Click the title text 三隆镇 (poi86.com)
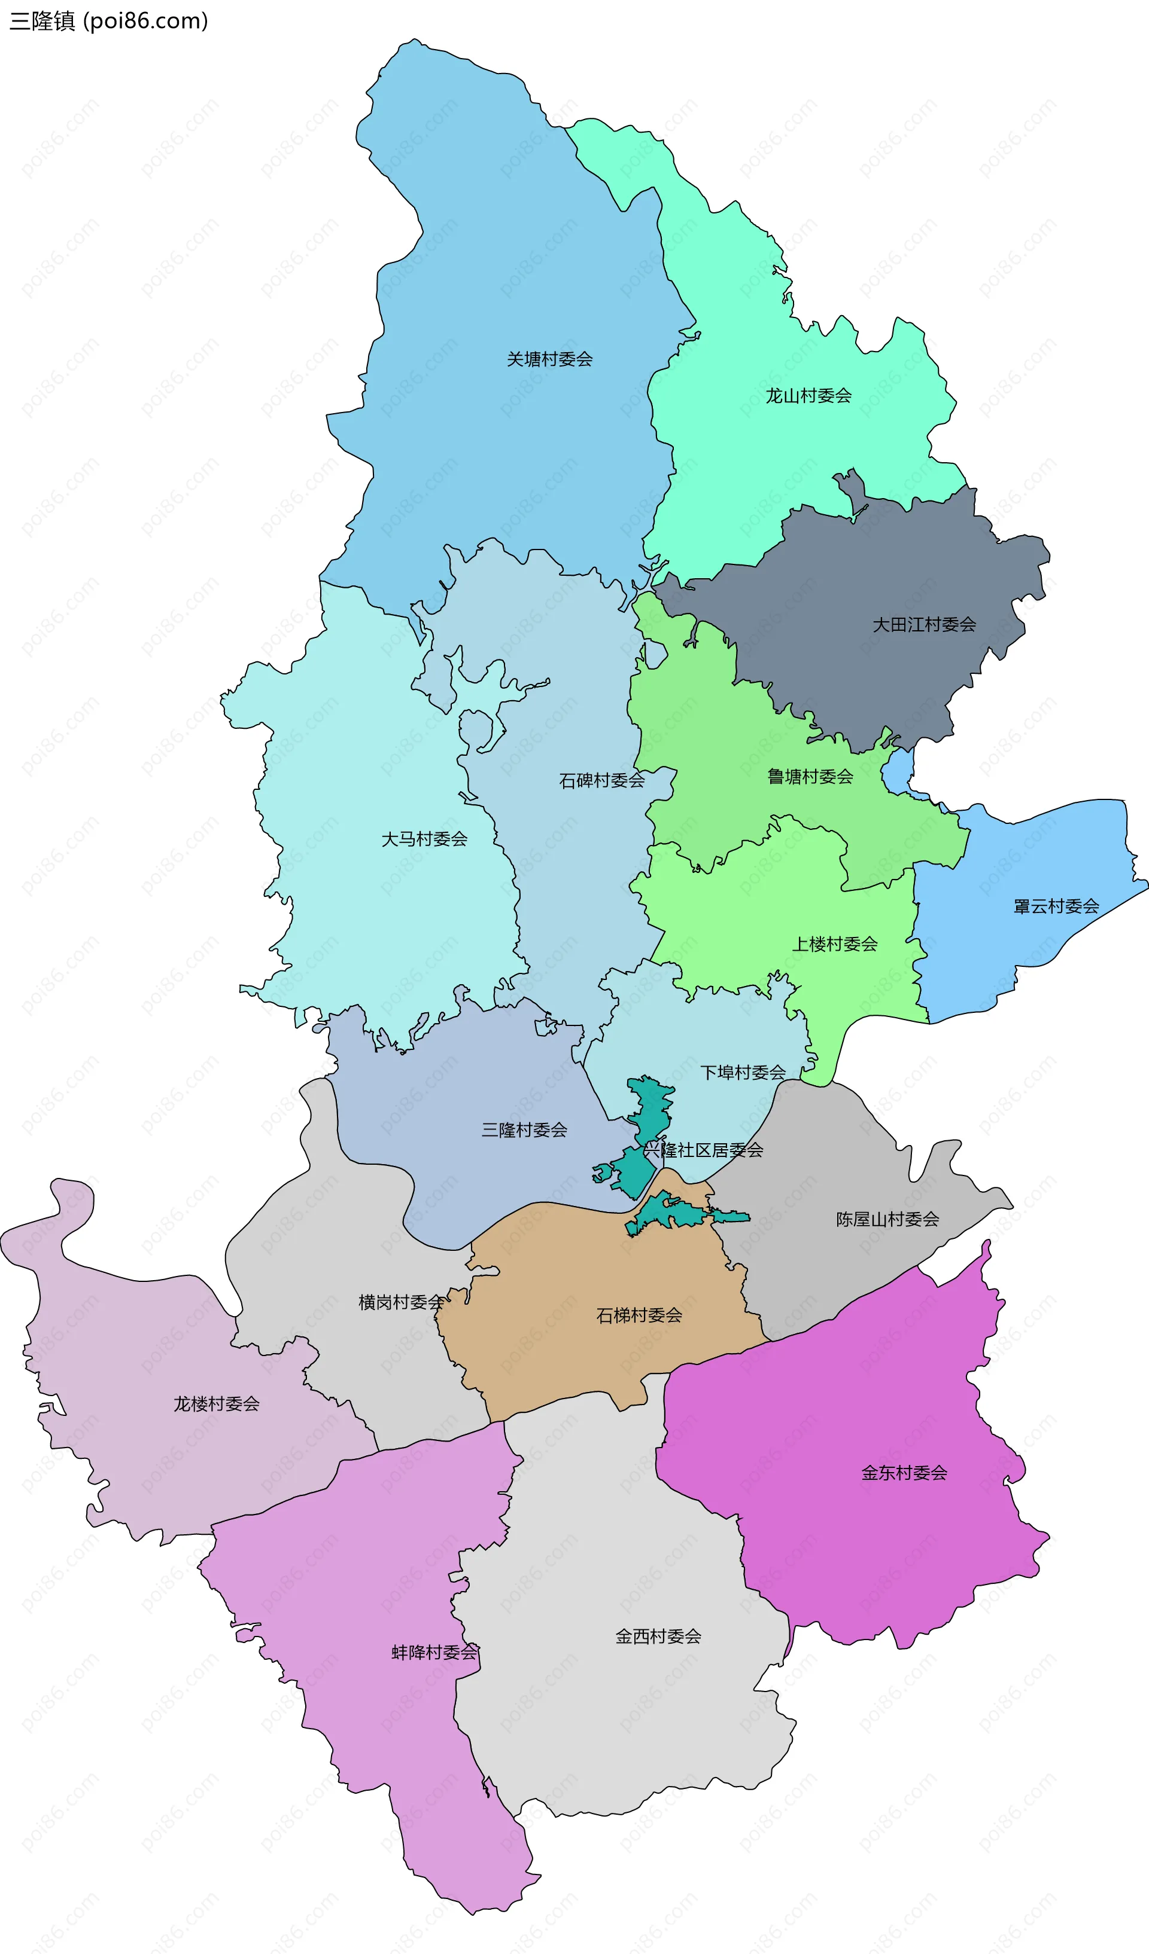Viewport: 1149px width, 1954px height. pos(108,20)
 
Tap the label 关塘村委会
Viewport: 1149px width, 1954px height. pos(549,359)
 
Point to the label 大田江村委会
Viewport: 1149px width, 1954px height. pos(924,624)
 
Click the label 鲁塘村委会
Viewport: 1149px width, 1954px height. pos(810,776)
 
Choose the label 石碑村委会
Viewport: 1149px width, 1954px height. pos(601,780)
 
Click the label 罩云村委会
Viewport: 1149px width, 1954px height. pos(1056,906)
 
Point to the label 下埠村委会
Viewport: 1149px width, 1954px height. pos(743,1073)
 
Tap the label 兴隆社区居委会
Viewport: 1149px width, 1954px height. pos(703,1150)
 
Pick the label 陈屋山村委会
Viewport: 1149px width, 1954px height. pos(887,1219)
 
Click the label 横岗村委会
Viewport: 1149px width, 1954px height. pos(401,1302)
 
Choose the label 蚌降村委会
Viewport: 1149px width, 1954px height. pos(434,1653)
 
